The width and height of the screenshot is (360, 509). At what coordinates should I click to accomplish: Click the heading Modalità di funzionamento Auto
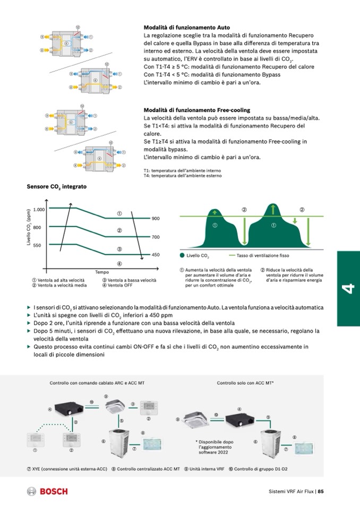point(187,27)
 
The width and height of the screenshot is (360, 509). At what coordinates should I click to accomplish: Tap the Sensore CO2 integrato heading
point(57,187)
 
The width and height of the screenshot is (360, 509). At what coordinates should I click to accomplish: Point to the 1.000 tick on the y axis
point(39,209)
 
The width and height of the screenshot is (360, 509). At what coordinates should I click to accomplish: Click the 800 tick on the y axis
point(37,227)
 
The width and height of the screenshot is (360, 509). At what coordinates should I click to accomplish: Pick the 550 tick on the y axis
point(37,245)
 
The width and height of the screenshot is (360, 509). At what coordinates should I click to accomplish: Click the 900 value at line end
point(156,218)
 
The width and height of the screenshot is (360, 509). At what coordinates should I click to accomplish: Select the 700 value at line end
point(156,237)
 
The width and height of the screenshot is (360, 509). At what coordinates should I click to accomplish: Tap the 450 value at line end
point(156,255)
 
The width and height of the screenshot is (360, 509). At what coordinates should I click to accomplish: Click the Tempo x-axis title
point(102,272)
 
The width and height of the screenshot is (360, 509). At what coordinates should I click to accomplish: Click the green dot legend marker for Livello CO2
point(182,256)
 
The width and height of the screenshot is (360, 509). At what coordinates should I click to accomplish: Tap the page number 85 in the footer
point(321,491)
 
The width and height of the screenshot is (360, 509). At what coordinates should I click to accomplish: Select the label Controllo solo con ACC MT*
point(245,383)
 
